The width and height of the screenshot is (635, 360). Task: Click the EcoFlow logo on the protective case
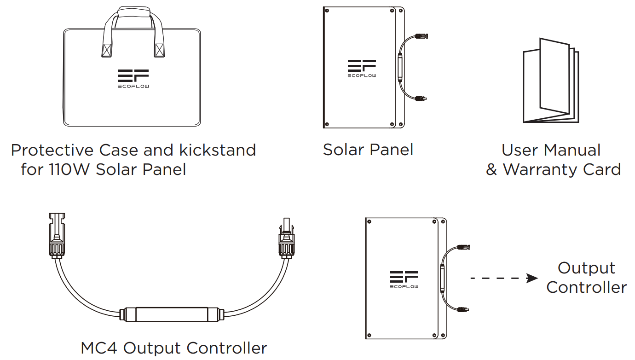pos(133,79)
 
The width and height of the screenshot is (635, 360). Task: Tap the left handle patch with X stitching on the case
pos(107,50)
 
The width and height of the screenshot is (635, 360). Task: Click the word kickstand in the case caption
pos(218,150)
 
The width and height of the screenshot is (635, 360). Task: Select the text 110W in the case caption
pos(69,169)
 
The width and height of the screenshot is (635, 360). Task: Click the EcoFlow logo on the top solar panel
pos(362,69)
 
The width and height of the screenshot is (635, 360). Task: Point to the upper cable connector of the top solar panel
pos(421,36)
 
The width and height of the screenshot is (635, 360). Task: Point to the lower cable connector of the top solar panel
pos(421,99)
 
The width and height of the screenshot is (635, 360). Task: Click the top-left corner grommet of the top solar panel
pos(327,11)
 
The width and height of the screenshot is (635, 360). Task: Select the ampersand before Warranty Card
pos(491,169)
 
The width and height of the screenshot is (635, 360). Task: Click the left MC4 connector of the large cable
pos(57,236)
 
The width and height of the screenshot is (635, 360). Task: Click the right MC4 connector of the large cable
pos(286,238)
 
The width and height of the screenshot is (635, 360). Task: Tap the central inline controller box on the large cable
pos(172,314)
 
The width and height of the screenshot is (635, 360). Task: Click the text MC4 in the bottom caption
pos(98,348)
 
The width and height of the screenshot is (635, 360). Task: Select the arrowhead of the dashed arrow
pos(532,278)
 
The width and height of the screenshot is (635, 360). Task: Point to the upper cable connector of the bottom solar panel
pos(463,247)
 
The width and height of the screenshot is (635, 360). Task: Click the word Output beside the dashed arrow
pos(586,268)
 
